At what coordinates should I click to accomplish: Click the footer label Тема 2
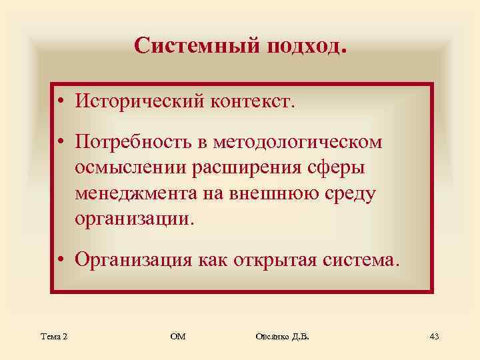coord(53,335)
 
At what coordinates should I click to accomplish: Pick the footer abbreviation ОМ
coord(177,335)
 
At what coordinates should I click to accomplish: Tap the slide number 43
coord(434,335)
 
